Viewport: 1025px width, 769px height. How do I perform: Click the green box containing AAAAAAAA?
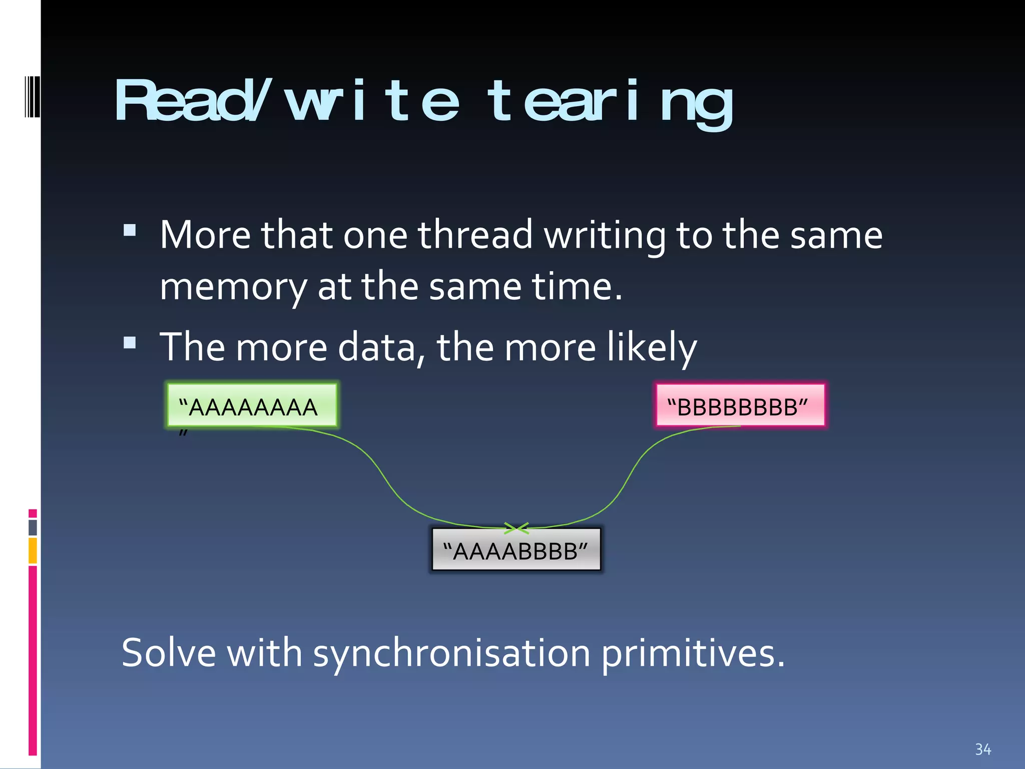coord(252,405)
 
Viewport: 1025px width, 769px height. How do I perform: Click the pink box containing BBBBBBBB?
coord(740,405)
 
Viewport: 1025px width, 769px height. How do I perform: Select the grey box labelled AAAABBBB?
coord(516,549)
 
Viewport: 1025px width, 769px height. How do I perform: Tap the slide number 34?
coord(982,749)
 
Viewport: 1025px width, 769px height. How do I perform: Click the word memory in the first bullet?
coord(233,287)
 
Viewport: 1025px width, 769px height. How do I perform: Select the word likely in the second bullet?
coord(651,347)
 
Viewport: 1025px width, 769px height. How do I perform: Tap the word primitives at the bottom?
coord(693,653)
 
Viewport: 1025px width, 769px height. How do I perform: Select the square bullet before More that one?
coord(130,230)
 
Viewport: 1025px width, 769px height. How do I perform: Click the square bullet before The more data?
coord(130,342)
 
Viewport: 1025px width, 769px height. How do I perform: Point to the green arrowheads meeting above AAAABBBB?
coord(516,528)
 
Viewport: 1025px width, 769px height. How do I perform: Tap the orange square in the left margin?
coord(33,550)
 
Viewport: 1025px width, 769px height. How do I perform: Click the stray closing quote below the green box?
coord(183,433)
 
